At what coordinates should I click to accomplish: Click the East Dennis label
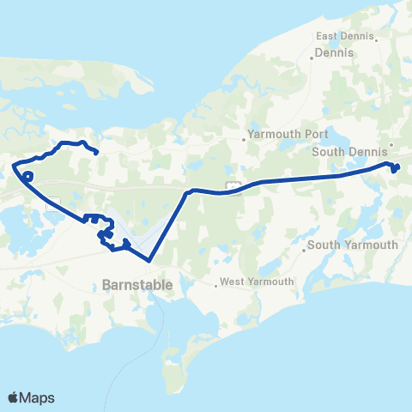(x=345, y=36)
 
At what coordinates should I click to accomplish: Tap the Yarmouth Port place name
(x=282, y=134)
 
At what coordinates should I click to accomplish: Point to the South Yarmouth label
(x=353, y=245)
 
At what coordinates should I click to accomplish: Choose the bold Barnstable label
(x=137, y=283)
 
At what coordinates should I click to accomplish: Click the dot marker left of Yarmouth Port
(x=244, y=135)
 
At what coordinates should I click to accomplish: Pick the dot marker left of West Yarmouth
(x=217, y=282)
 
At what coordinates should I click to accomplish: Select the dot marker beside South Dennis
(x=391, y=145)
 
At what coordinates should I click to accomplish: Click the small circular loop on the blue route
(x=27, y=177)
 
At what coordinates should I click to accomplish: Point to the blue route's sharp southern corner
(x=149, y=259)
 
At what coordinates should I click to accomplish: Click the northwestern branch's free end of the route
(x=97, y=154)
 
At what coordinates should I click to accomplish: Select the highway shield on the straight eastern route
(x=232, y=185)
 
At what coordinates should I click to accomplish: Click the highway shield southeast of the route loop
(x=53, y=203)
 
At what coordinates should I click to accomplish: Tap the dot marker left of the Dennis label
(x=312, y=58)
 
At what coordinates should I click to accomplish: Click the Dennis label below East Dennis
(x=329, y=52)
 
